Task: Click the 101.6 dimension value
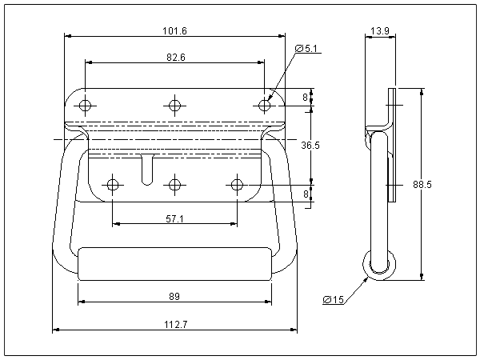pyautogui.click(x=174, y=30)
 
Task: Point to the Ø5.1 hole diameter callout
pyautogui.click(x=306, y=49)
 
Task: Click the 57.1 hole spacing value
pyautogui.click(x=174, y=218)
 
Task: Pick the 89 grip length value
pyautogui.click(x=174, y=297)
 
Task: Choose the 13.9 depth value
pyautogui.click(x=380, y=31)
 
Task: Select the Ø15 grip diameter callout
pyautogui.click(x=334, y=300)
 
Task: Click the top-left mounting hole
pyautogui.click(x=86, y=105)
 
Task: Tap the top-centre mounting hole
pyautogui.click(x=174, y=105)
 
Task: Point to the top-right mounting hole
pyautogui.click(x=264, y=105)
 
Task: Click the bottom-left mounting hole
pyautogui.click(x=113, y=186)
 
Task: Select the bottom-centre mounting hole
pyautogui.click(x=174, y=186)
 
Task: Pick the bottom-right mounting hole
pyautogui.click(x=237, y=186)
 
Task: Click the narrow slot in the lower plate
pyautogui.click(x=145, y=169)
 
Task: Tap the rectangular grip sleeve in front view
pyautogui.click(x=174, y=263)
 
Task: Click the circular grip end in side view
pyautogui.click(x=378, y=264)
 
